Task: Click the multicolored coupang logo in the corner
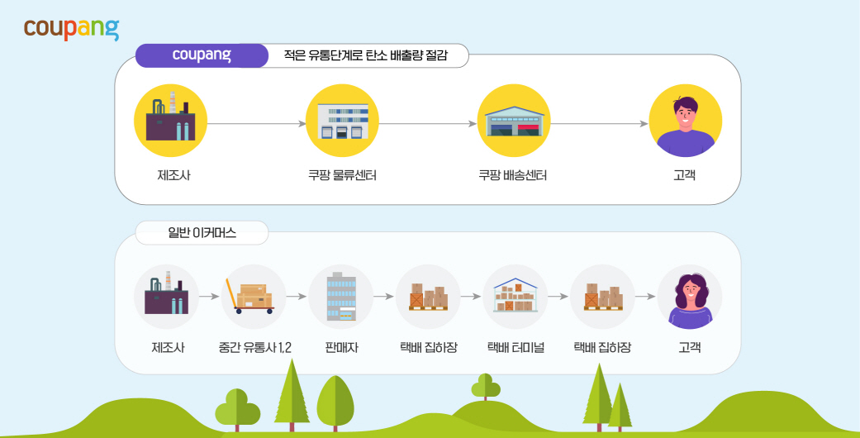(71, 28)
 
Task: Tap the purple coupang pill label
(202, 55)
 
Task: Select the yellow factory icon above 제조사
(170, 121)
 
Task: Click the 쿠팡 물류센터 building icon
(342, 121)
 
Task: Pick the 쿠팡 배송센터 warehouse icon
(514, 121)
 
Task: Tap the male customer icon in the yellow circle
(685, 121)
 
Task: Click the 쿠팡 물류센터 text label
(342, 176)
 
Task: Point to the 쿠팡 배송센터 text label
(513, 176)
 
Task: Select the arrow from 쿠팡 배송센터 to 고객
(600, 124)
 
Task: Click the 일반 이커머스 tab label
(202, 233)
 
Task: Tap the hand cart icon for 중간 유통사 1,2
(254, 297)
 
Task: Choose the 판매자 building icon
(341, 297)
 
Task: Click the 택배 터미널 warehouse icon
(515, 297)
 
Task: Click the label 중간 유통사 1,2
(254, 348)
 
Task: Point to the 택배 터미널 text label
(515, 348)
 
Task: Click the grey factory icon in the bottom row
(167, 297)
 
